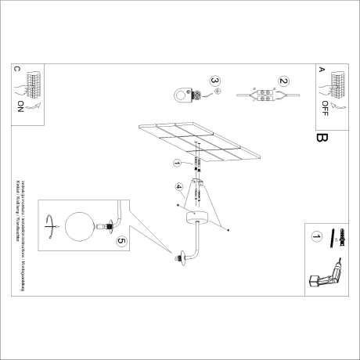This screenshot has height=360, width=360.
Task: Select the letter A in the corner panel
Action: [321, 69]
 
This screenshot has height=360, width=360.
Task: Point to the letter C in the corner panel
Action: [18, 69]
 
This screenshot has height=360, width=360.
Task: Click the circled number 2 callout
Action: [284, 81]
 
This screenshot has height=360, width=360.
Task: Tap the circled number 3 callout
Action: [215, 81]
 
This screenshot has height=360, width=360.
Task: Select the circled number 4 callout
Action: [178, 187]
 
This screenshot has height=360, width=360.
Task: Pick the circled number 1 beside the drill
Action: [316, 236]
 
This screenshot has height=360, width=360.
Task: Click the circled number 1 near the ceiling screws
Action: [177, 163]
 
